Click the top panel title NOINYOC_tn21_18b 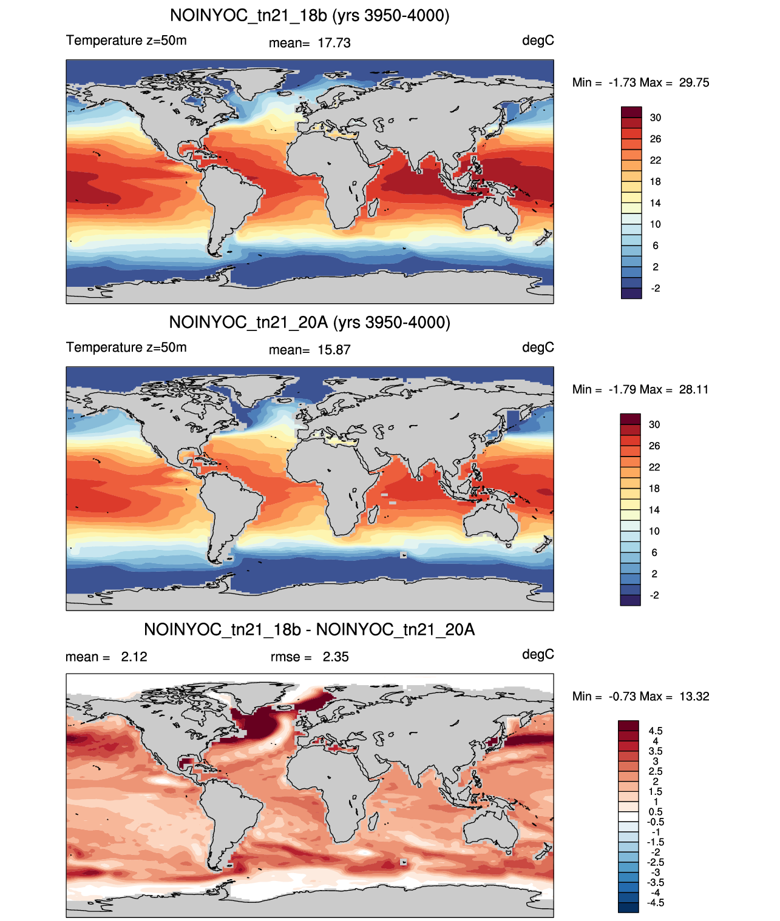pos(248,16)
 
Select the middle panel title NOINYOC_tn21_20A pos(248,322)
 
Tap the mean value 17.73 pos(334,43)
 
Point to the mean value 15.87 pos(334,350)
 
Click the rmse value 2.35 pos(336,657)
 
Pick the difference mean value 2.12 pos(134,657)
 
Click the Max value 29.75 pos(694,82)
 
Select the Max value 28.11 pos(694,389)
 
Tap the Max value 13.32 pos(694,697)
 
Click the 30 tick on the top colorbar pos(655,118)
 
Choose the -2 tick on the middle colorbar pos(654,595)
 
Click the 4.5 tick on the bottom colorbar pos(656,731)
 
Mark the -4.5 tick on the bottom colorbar pos(656,903)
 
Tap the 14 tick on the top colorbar pos(655,203)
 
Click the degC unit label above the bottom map pos(538,655)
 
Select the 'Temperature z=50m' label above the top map pos(126,41)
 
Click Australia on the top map pos(490,215)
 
